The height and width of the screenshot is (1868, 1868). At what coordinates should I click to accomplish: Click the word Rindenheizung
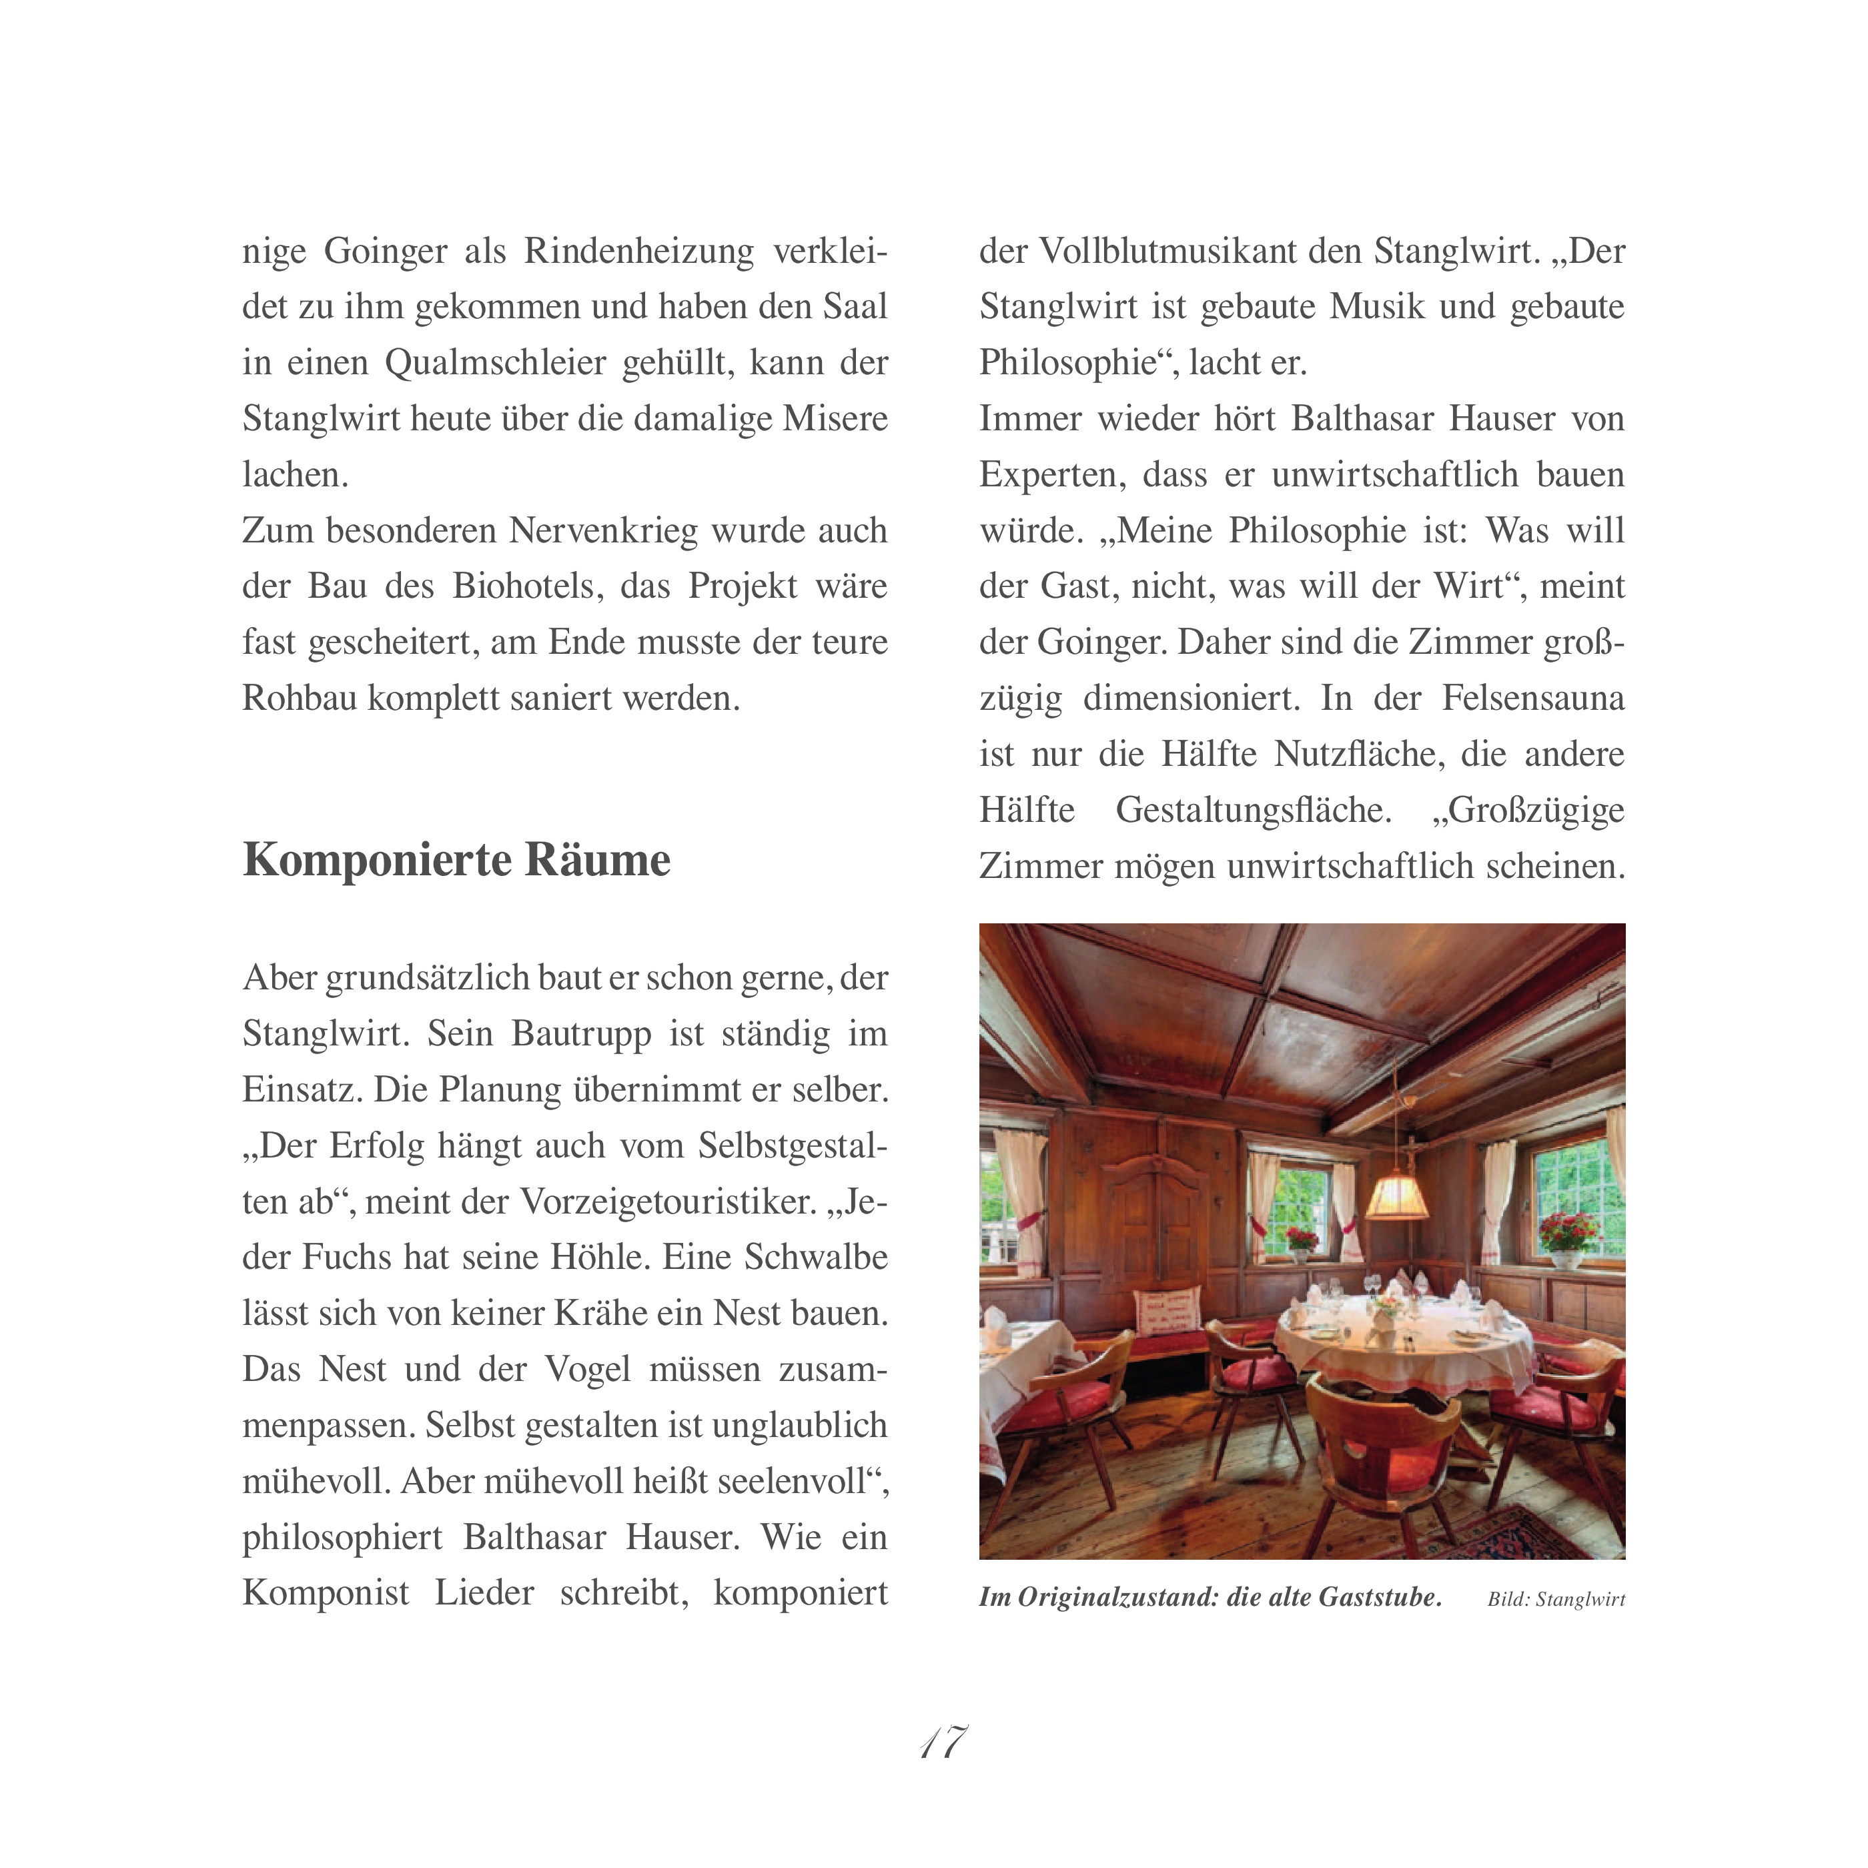(x=638, y=252)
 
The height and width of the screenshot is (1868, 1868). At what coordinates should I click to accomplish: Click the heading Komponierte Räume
(x=456, y=859)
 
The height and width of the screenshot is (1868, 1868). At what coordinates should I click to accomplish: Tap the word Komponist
(x=326, y=1593)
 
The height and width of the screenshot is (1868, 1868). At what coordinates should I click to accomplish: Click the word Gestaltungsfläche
(x=1253, y=810)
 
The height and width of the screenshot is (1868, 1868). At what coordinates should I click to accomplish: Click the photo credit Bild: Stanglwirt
(x=1556, y=1599)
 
